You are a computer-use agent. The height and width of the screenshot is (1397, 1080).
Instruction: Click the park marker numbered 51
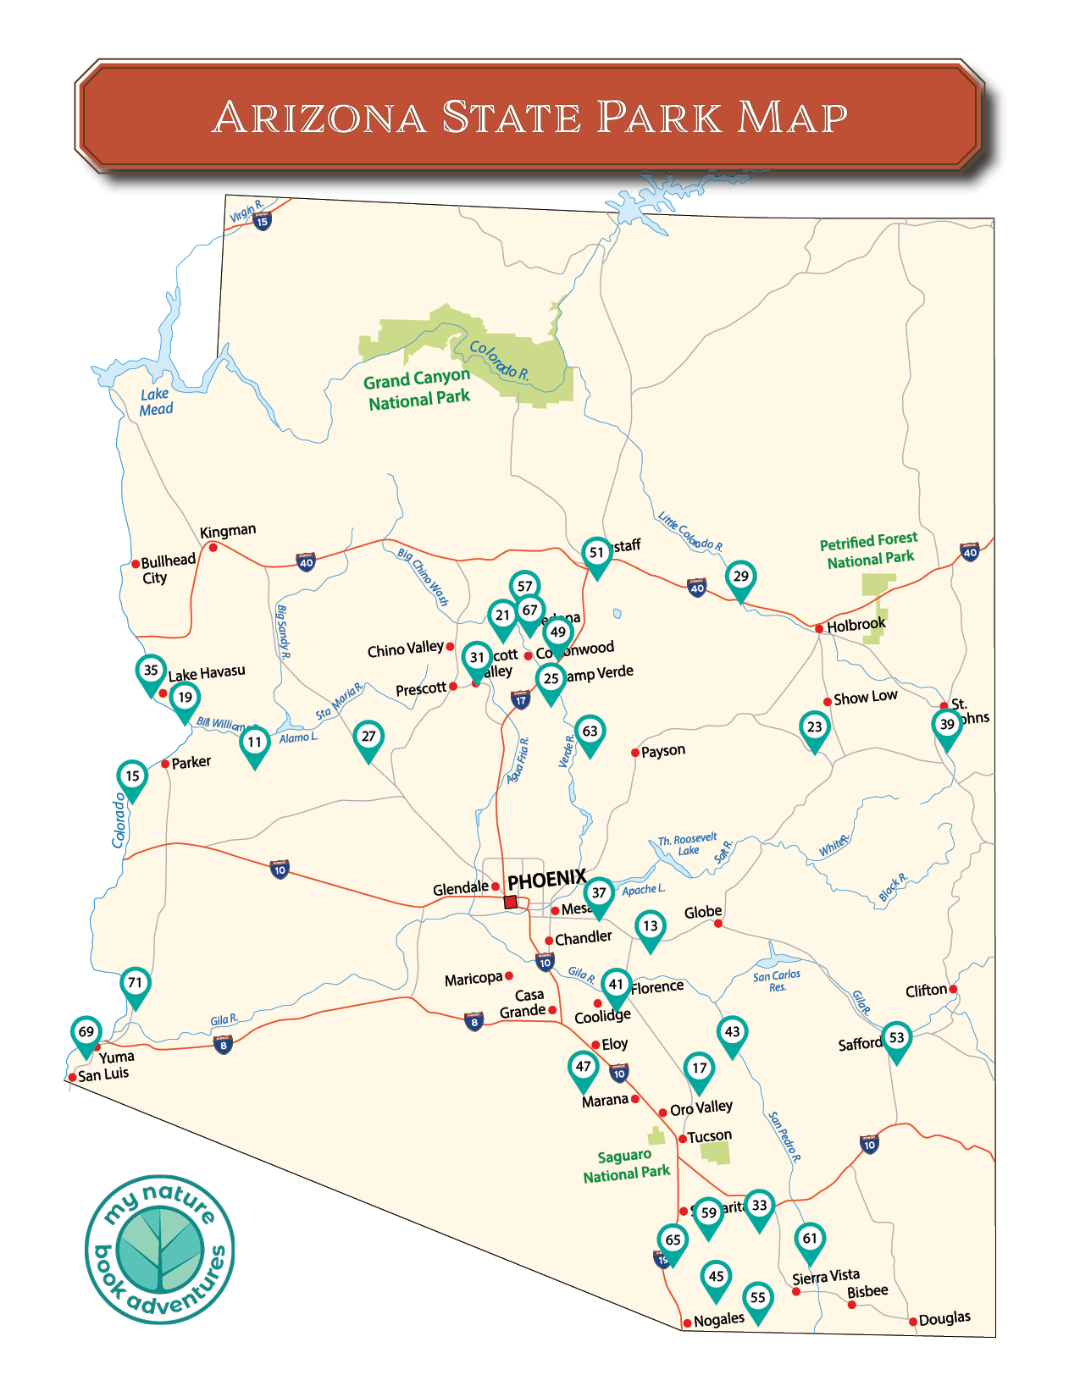tap(596, 554)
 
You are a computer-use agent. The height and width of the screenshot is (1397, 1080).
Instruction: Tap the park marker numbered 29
tap(740, 577)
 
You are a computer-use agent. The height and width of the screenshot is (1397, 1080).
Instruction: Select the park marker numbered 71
tap(135, 984)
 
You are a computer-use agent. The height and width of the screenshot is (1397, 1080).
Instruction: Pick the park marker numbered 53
tap(896, 1039)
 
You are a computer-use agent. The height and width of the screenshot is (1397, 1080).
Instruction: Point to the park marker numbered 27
tap(368, 737)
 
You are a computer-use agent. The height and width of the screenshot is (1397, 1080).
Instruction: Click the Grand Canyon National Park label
tap(418, 389)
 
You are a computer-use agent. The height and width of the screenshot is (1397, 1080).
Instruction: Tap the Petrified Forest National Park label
tap(869, 550)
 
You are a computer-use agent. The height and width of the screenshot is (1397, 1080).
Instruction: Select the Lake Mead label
tap(156, 402)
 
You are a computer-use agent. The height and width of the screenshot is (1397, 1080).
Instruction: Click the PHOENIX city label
tap(546, 880)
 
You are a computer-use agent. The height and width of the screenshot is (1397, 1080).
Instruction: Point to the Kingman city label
tap(228, 531)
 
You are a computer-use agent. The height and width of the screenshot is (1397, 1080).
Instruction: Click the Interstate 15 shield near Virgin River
tap(263, 222)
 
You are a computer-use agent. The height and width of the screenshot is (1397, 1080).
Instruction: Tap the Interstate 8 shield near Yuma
tap(223, 1045)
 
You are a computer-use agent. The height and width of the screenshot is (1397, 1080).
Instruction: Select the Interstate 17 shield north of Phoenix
tap(520, 700)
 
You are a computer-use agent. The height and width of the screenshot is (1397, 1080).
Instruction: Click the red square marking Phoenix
tap(511, 903)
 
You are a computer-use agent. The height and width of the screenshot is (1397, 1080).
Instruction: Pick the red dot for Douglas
tap(912, 1322)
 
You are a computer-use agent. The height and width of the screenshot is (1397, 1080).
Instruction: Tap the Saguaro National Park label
tap(626, 1166)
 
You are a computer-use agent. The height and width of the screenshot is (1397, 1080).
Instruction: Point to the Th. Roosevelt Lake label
tap(688, 844)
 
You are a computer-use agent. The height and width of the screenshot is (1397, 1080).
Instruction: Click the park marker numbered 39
tap(947, 726)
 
